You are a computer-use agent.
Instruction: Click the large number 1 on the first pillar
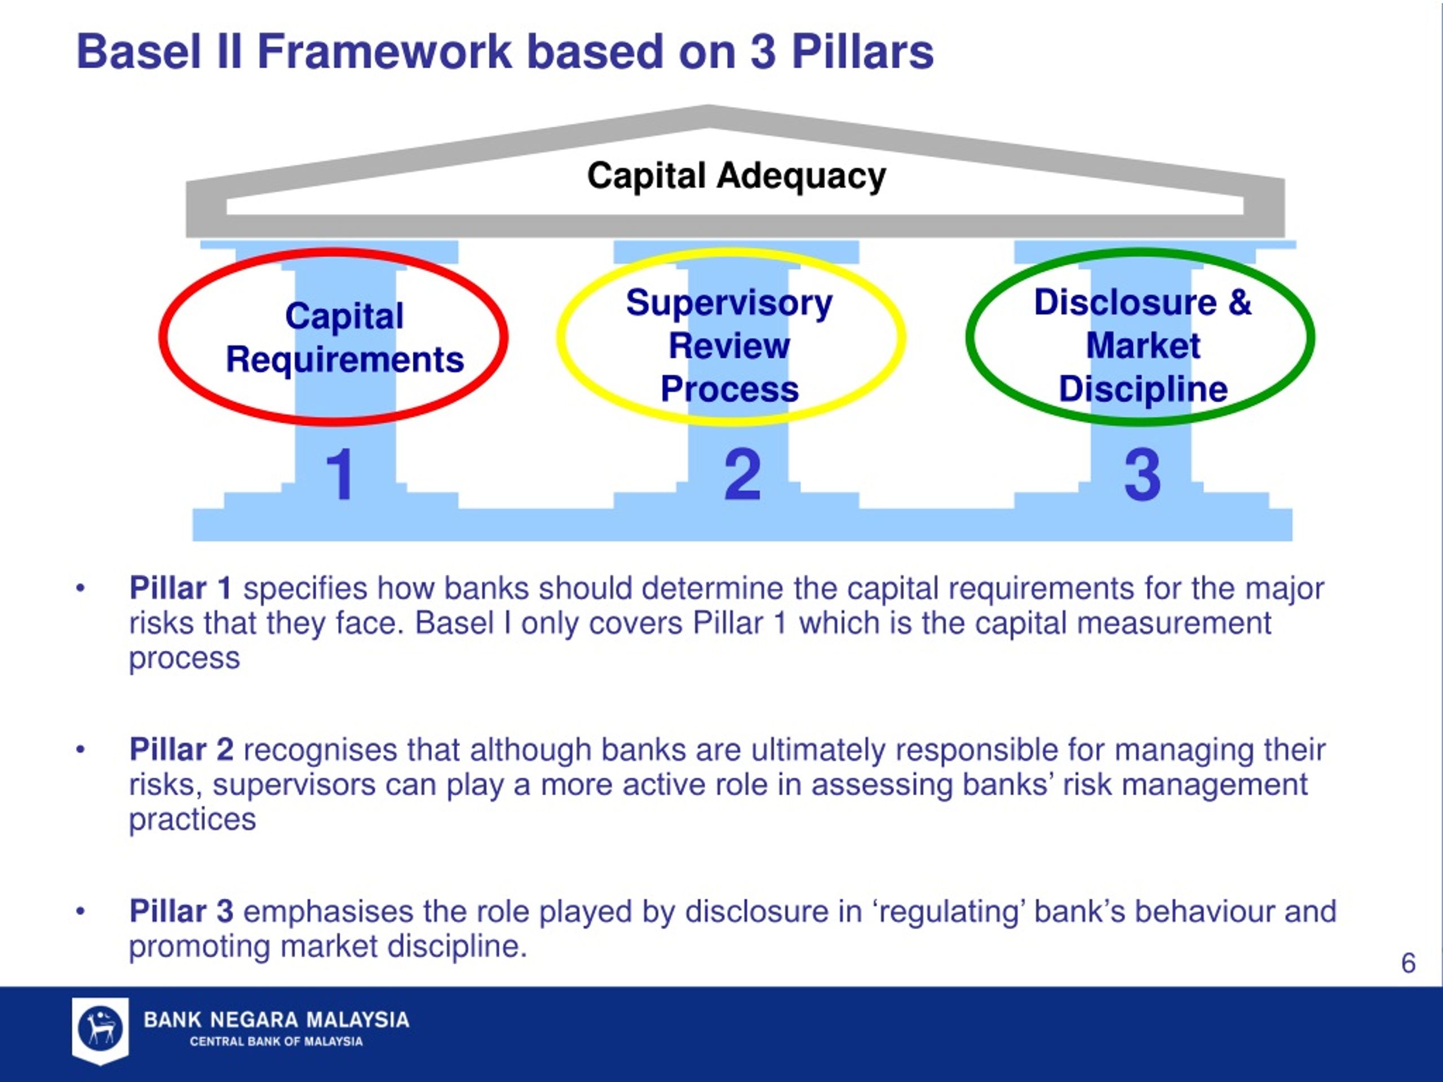coord(340,474)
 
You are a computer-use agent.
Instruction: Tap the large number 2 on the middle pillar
coord(742,474)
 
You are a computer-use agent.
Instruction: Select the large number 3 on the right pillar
coord(1142,474)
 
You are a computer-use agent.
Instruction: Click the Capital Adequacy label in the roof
coord(737,176)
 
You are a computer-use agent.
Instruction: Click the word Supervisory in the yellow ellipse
coord(729,304)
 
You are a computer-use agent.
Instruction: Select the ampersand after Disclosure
coord(1240,303)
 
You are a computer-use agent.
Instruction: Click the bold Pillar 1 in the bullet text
coord(181,588)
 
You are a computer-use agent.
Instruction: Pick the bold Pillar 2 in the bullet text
coord(182,750)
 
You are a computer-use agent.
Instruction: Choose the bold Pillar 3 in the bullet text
coord(182,911)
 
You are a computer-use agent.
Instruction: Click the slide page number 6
coord(1409,963)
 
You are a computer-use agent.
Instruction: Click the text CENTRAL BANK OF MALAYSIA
coord(276,1041)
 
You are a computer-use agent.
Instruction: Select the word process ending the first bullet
coord(185,659)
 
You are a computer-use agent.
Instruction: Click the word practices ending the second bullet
coord(192,821)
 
